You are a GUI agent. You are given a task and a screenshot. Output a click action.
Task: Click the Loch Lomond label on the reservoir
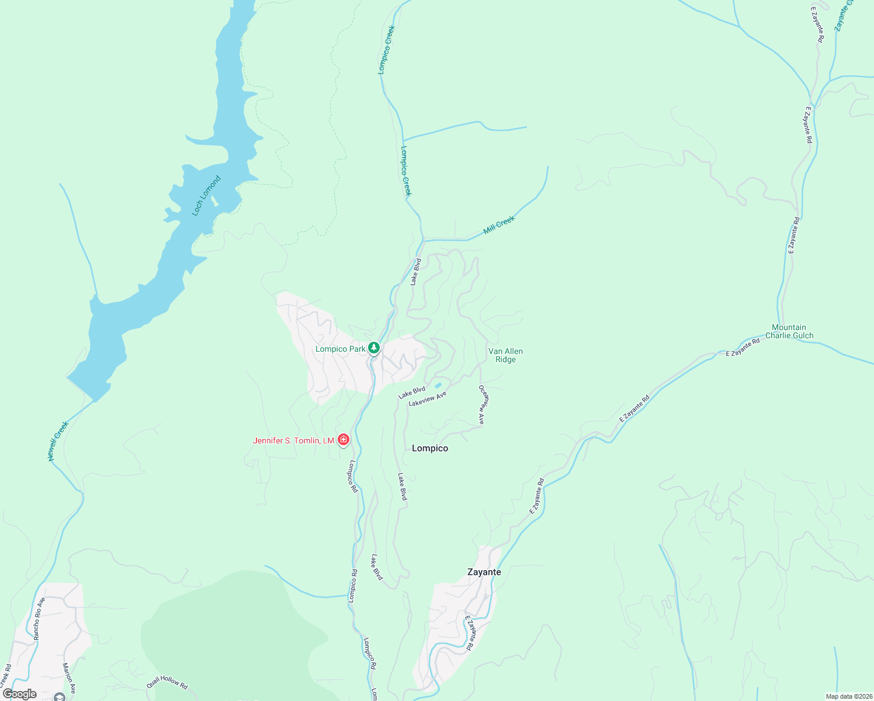(206, 196)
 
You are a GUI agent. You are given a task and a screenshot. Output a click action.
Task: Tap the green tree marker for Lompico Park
(374, 349)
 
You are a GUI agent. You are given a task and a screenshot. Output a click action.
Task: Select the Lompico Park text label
(340, 349)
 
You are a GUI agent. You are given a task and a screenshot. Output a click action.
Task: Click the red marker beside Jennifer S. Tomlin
(344, 440)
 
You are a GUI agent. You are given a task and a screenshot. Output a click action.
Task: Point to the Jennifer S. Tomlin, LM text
(293, 441)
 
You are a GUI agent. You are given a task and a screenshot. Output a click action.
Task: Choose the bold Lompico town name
(430, 449)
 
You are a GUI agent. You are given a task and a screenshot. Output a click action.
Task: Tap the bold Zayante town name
(484, 572)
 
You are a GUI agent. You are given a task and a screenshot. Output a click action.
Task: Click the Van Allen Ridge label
(505, 356)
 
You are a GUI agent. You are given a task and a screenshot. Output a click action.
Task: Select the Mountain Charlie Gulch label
(789, 332)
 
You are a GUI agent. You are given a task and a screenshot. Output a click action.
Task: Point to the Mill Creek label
(500, 225)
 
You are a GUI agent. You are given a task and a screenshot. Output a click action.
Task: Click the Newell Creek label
(58, 441)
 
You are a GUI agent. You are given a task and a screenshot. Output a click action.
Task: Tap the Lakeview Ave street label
(428, 399)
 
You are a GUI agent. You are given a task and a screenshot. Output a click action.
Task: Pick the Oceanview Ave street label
(482, 404)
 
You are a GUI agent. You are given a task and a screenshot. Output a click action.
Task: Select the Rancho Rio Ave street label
(39, 619)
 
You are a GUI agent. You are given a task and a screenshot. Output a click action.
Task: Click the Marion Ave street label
(69, 673)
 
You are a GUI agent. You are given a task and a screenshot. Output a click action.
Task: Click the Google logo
(19, 694)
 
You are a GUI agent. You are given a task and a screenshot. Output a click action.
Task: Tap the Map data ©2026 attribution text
(848, 696)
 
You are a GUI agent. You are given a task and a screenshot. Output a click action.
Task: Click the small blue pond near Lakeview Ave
(438, 386)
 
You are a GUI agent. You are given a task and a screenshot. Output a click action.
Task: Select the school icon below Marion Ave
(59, 697)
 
